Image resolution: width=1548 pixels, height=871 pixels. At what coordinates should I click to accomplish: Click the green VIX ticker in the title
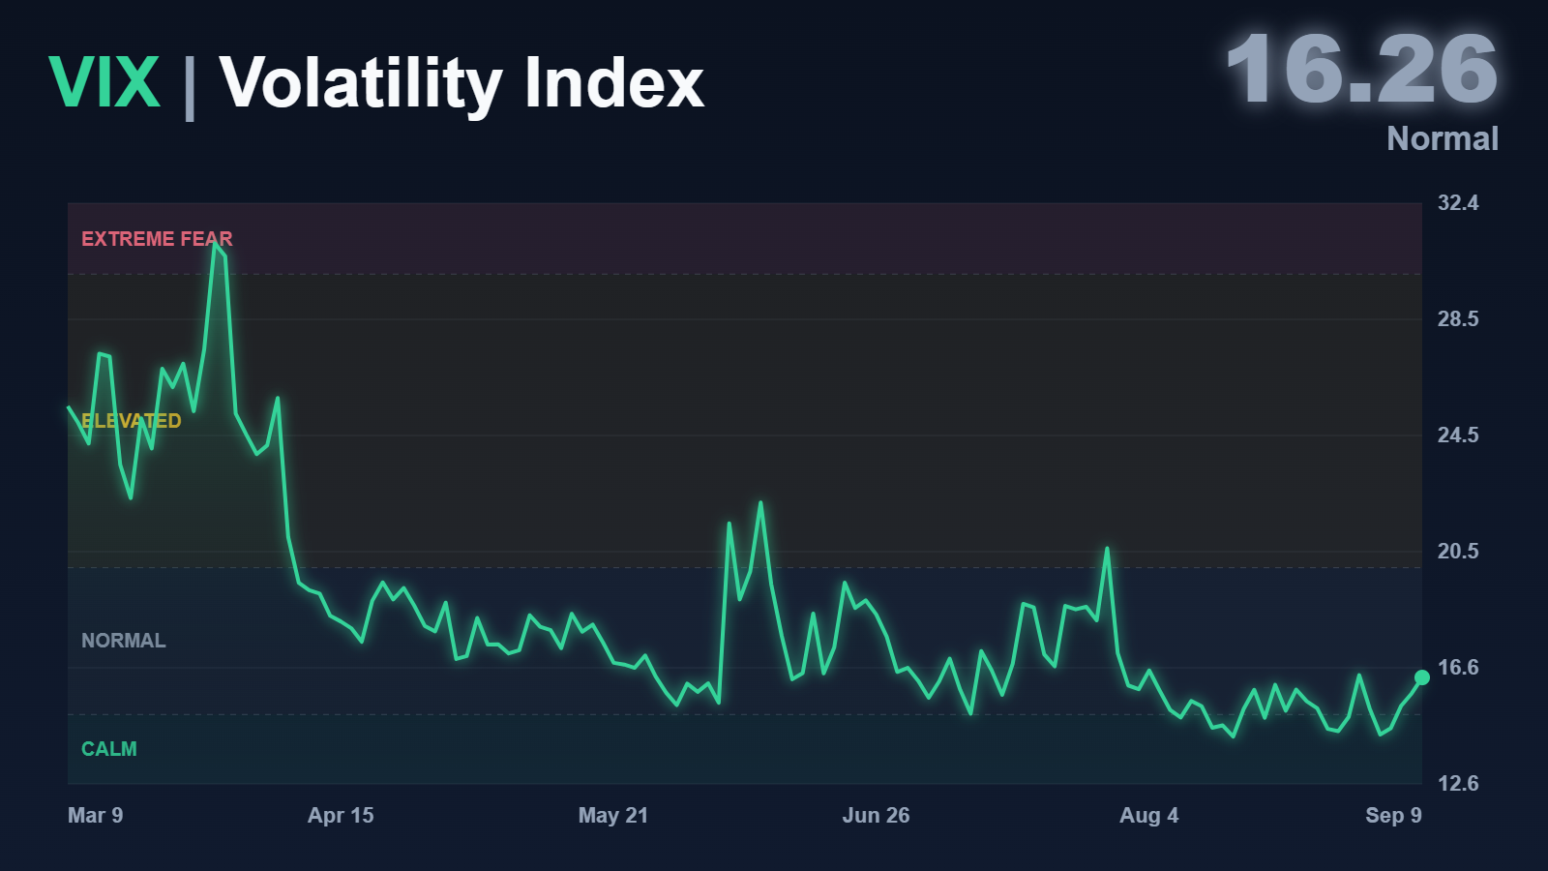click(x=104, y=82)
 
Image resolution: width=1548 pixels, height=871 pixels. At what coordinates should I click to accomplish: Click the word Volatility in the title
click(x=361, y=85)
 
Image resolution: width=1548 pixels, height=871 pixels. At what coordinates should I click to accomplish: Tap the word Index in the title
click(x=614, y=82)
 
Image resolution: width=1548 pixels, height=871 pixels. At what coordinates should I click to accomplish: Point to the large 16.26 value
click(x=1362, y=70)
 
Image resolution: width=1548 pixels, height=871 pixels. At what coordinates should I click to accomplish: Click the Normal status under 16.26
click(x=1443, y=139)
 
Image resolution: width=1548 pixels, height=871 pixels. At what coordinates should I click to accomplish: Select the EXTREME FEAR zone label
click(x=157, y=239)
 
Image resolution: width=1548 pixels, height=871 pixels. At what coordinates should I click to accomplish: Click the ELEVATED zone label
click(x=132, y=421)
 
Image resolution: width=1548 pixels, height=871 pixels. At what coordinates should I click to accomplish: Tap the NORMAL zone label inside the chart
click(x=124, y=641)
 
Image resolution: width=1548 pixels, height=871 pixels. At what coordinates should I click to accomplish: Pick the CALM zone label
click(x=109, y=749)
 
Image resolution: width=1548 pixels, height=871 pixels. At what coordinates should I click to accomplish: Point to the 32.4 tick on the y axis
click(x=1458, y=203)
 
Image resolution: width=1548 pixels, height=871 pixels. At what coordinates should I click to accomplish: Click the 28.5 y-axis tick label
click(x=1458, y=319)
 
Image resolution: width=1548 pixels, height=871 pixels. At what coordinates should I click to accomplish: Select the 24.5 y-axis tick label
click(x=1458, y=435)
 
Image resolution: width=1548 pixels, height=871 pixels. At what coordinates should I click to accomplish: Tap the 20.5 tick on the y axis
click(x=1458, y=552)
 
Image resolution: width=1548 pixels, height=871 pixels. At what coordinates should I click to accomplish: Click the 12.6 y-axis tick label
click(x=1458, y=784)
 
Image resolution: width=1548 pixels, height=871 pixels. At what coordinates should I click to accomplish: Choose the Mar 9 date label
click(x=96, y=816)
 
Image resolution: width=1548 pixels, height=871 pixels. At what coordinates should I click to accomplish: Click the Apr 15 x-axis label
click(x=341, y=816)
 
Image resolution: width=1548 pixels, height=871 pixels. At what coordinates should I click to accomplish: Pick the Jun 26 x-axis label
click(x=876, y=816)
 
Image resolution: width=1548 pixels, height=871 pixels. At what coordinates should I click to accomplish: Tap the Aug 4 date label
click(x=1149, y=816)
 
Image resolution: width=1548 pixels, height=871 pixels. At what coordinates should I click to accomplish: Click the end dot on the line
click(x=1422, y=677)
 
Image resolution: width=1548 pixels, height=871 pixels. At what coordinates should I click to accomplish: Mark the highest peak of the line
click(x=215, y=243)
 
